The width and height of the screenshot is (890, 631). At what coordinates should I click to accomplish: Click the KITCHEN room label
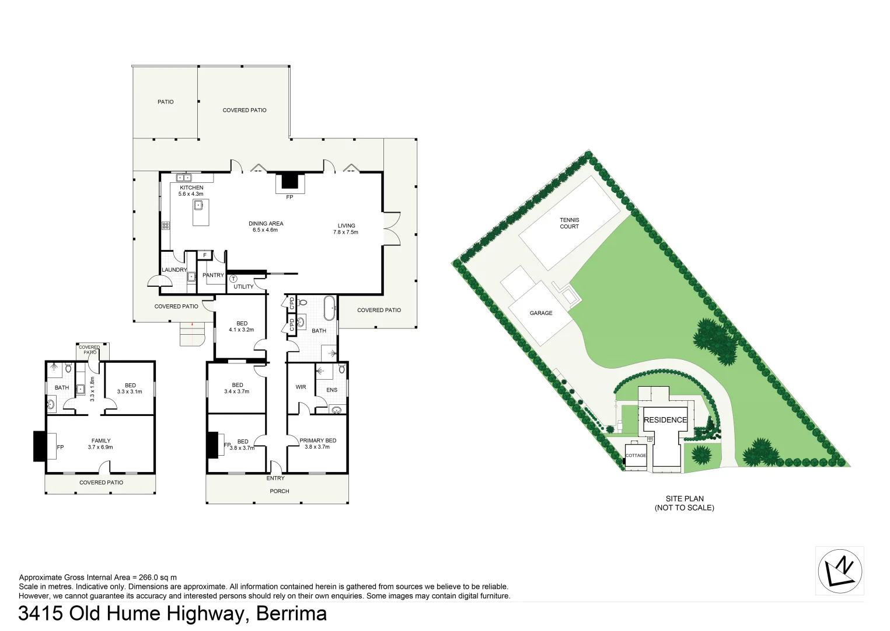coord(191,188)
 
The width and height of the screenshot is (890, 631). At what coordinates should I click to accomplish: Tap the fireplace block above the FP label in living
coord(289,181)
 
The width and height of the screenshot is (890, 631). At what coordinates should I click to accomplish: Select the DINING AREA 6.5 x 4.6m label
coord(266,227)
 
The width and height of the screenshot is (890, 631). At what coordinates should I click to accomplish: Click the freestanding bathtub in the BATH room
coord(330,308)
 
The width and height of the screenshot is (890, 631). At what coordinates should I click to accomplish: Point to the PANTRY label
coord(213,275)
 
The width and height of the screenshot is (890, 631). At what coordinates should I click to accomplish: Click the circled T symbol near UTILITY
coord(233,279)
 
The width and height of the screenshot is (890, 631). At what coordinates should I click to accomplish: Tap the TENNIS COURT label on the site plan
coord(569,223)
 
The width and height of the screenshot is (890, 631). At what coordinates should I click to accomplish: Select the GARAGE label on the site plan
coord(541,313)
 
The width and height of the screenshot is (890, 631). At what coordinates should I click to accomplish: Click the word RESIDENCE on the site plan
coord(665,420)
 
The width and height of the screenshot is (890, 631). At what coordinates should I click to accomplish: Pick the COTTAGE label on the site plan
coord(636,456)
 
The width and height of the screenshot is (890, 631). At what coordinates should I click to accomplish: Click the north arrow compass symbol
coord(840,571)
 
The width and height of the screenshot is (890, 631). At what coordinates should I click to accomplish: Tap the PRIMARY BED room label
coord(317,441)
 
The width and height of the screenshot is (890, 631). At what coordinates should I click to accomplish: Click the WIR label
coord(301,387)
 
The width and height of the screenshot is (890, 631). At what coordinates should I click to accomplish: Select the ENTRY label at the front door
coord(275,478)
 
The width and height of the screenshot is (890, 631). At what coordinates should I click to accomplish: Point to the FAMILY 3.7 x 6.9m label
coord(100,444)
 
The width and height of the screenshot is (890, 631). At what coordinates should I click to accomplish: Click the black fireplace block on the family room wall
coord(39,446)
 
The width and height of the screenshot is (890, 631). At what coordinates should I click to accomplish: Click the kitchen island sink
coord(199,205)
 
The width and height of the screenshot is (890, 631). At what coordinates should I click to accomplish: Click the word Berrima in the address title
coord(291,613)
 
